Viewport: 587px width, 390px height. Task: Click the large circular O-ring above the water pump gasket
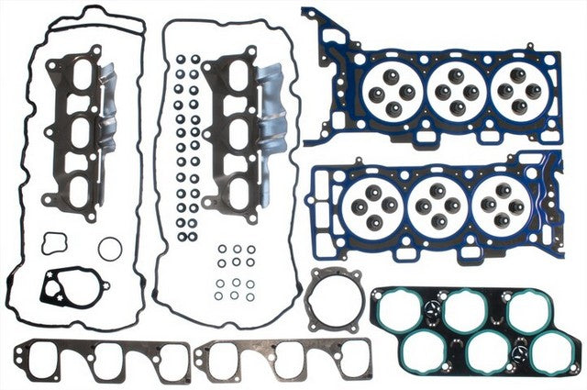click(x=108, y=249)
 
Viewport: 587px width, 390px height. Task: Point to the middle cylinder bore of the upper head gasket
click(x=454, y=90)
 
